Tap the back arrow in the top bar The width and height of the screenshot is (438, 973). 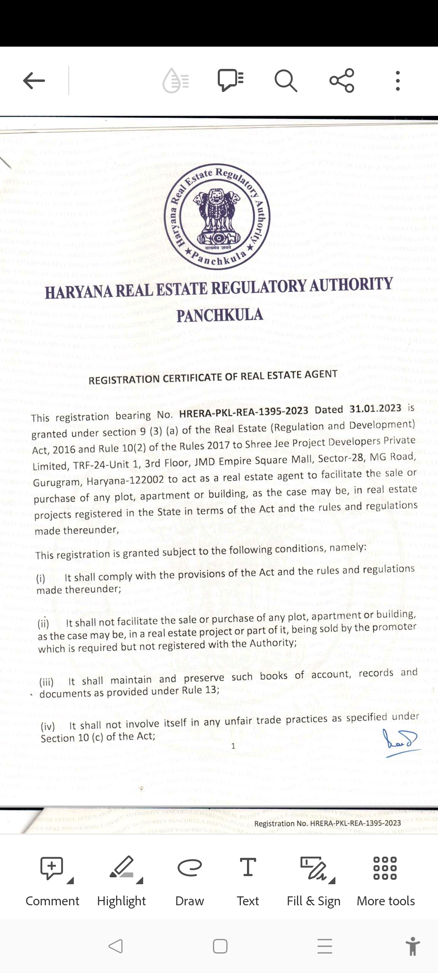click(x=34, y=81)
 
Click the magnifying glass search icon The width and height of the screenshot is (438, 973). click(x=286, y=81)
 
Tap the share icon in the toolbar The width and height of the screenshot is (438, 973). click(x=342, y=80)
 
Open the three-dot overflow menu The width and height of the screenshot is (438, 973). click(x=398, y=81)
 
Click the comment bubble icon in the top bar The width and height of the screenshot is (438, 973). click(x=230, y=80)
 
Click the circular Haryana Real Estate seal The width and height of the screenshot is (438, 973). click(x=217, y=217)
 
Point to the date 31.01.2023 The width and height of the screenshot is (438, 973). click(x=375, y=409)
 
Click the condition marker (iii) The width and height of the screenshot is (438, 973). click(x=47, y=682)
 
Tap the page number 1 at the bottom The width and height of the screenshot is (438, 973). click(x=233, y=746)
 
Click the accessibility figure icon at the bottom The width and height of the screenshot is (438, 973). click(x=412, y=946)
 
